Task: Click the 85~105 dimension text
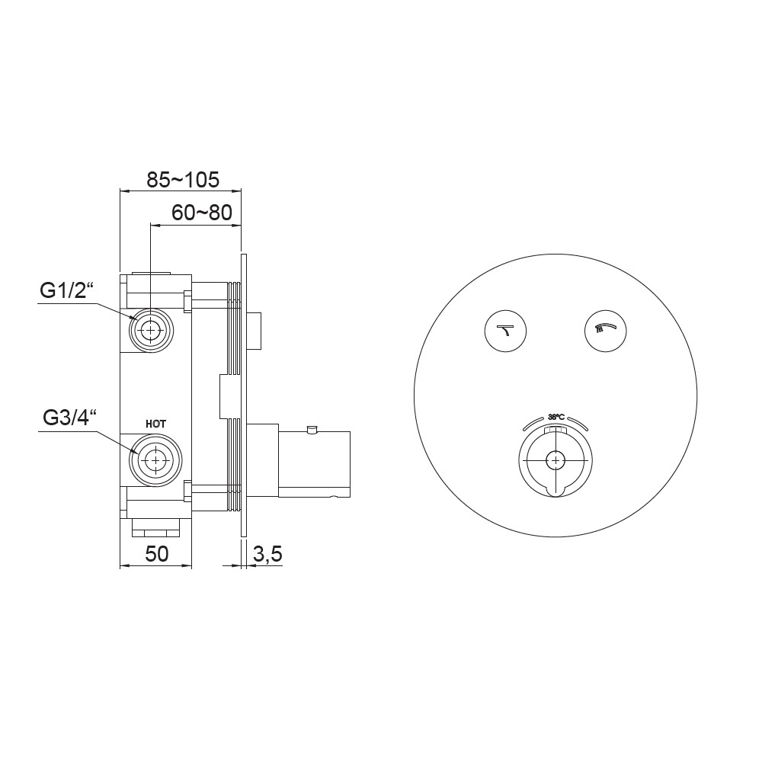[x=183, y=180]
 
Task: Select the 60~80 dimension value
[x=202, y=213]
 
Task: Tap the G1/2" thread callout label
[x=66, y=291]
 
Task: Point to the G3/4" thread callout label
[x=70, y=418]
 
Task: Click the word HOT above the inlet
[x=155, y=424]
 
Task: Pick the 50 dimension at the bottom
[x=156, y=554]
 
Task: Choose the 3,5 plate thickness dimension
[x=267, y=554]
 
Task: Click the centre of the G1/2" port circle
[x=151, y=330]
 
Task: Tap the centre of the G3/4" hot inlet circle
[x=156, y=459]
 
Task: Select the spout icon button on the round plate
[x=505, y=331]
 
